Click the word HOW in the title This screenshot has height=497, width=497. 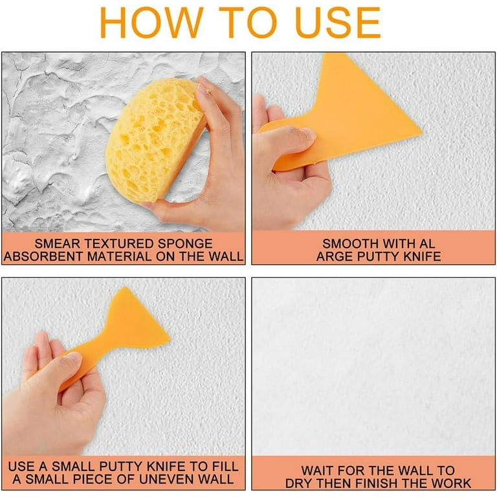point(151,23)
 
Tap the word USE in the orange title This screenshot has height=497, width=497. point(338,23)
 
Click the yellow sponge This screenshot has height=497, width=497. point(156,140)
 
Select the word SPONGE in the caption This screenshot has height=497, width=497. point(185,243)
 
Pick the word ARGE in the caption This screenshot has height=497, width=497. point(335,256)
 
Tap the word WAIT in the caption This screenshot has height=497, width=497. point(320,470)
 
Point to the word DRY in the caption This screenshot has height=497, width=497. point(299,483)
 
